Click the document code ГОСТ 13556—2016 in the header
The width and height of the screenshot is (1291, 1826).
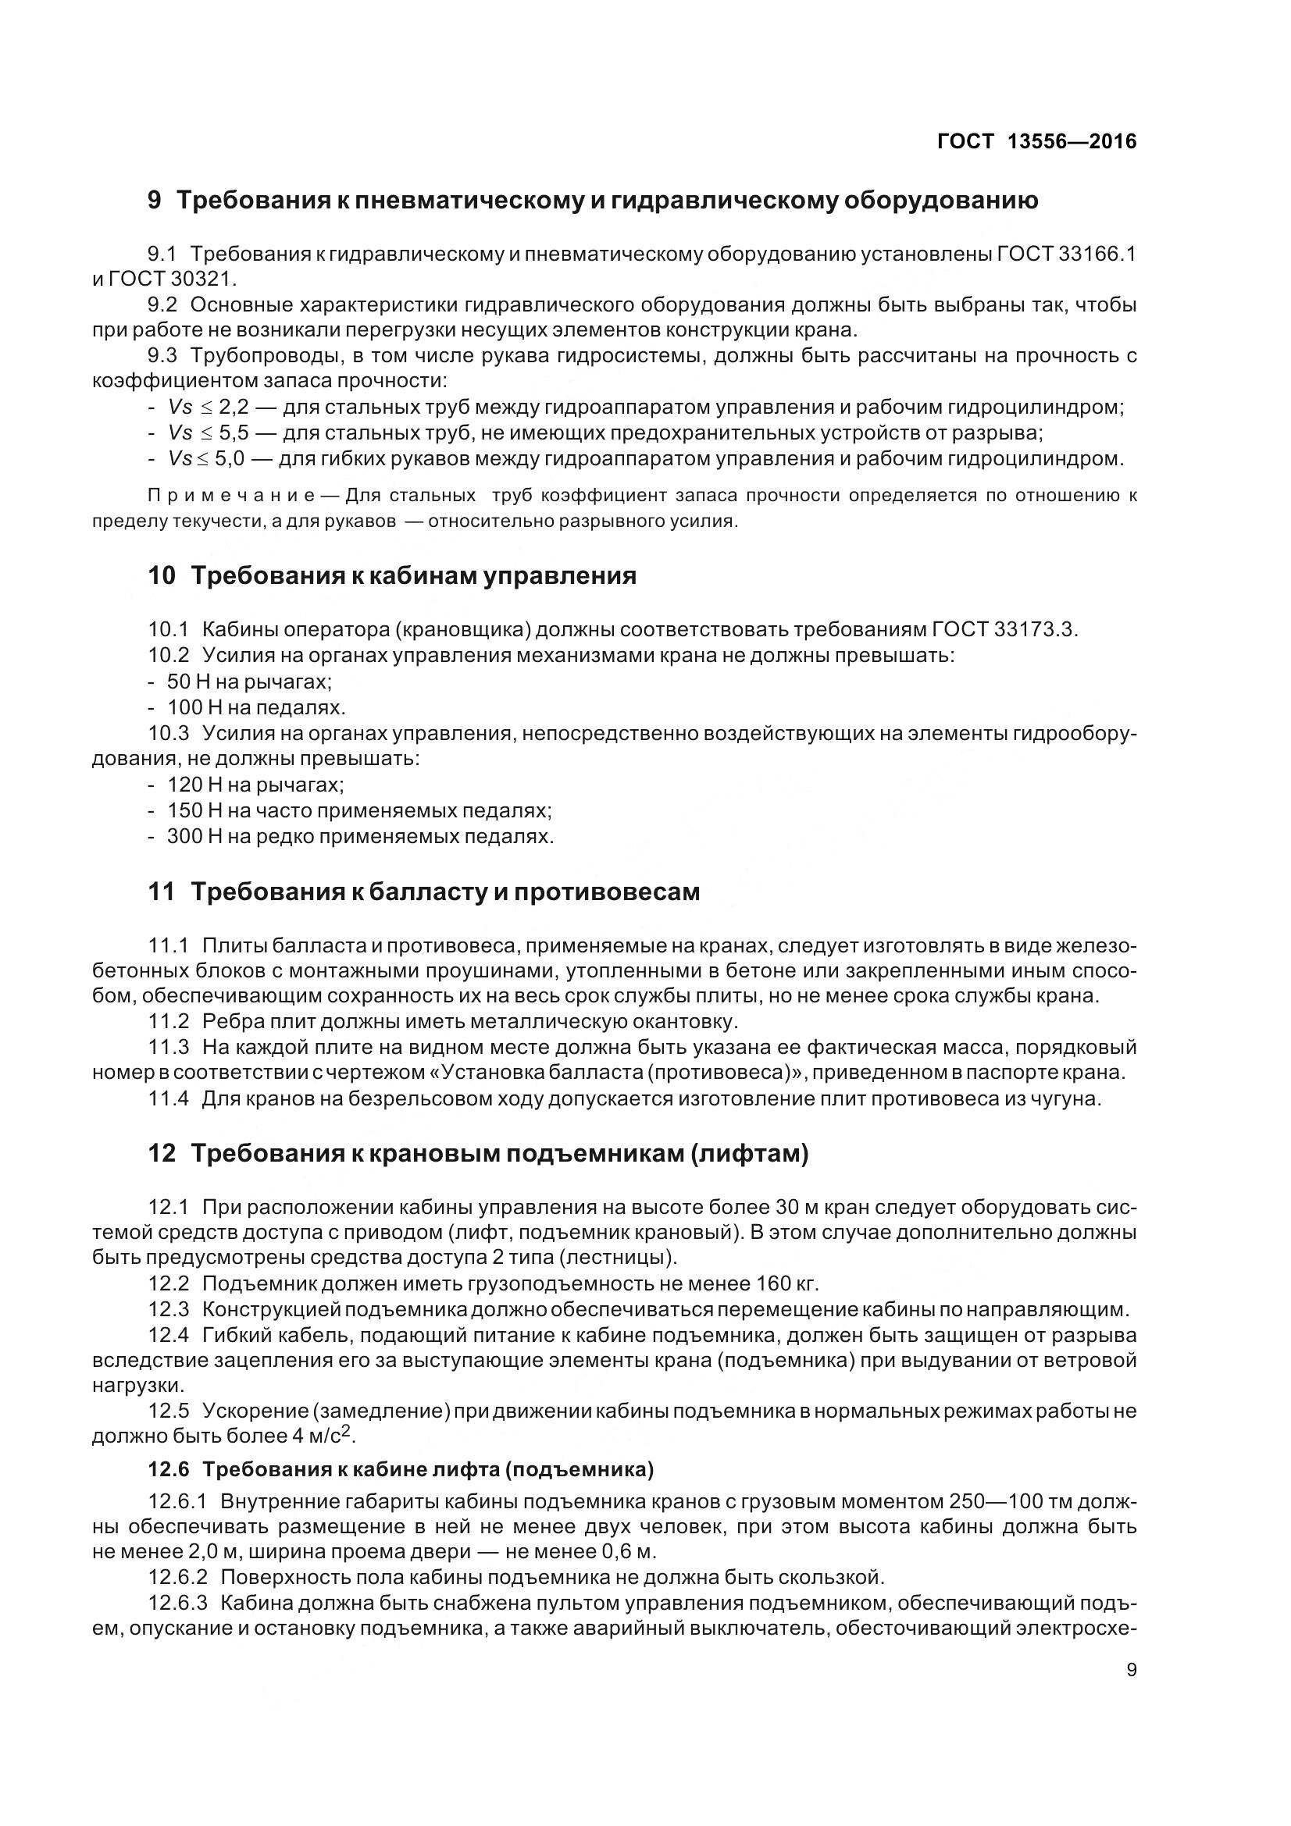point(1036,141)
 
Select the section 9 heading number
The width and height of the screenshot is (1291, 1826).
point(155,201)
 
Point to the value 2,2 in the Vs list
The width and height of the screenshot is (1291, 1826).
point(234,408)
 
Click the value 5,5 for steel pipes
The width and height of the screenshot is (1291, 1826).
point(234,432)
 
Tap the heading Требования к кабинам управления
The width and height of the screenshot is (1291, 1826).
point(414,575)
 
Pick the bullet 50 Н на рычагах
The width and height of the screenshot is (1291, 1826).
point(249,682)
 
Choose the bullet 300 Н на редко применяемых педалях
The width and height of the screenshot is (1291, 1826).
point(359,836)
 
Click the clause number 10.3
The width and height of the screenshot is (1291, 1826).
point(169,732)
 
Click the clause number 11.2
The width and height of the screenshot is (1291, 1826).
point(169,1020)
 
